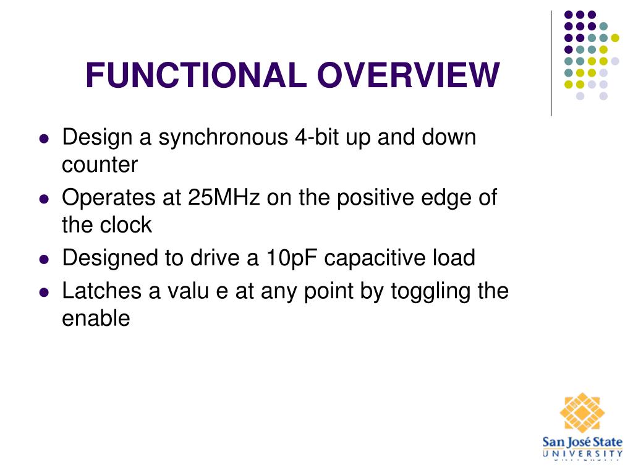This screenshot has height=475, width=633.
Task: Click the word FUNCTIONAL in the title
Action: (196, 75)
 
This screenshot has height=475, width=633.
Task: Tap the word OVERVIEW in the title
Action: (409, 75)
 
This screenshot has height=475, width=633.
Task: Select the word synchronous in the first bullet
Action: (223, 138)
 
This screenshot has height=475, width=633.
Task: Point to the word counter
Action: (100, 165)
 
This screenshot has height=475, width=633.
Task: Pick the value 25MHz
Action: (224, 197)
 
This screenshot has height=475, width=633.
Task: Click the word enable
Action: (96, 319)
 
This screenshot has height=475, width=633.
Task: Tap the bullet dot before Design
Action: (44, 139)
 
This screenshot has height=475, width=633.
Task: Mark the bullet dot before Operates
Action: (44, 199)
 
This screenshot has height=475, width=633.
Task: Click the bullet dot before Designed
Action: (44, 259)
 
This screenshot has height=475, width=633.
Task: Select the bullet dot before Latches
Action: (44, 293)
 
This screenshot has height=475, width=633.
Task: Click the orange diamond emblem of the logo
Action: (582, 413)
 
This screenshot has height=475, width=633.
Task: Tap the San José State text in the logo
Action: (582, 442)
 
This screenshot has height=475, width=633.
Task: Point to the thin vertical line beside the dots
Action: (551, 64)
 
